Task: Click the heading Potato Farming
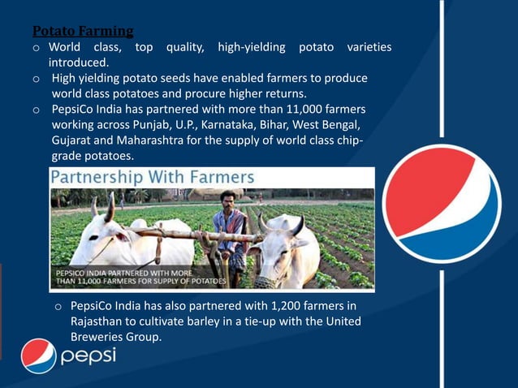[83, 32]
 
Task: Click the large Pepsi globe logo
[442, 203]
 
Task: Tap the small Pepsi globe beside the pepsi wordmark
[38, 356]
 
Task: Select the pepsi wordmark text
[88, 356]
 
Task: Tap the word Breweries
[103, 337]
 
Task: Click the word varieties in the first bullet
[369, 47]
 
